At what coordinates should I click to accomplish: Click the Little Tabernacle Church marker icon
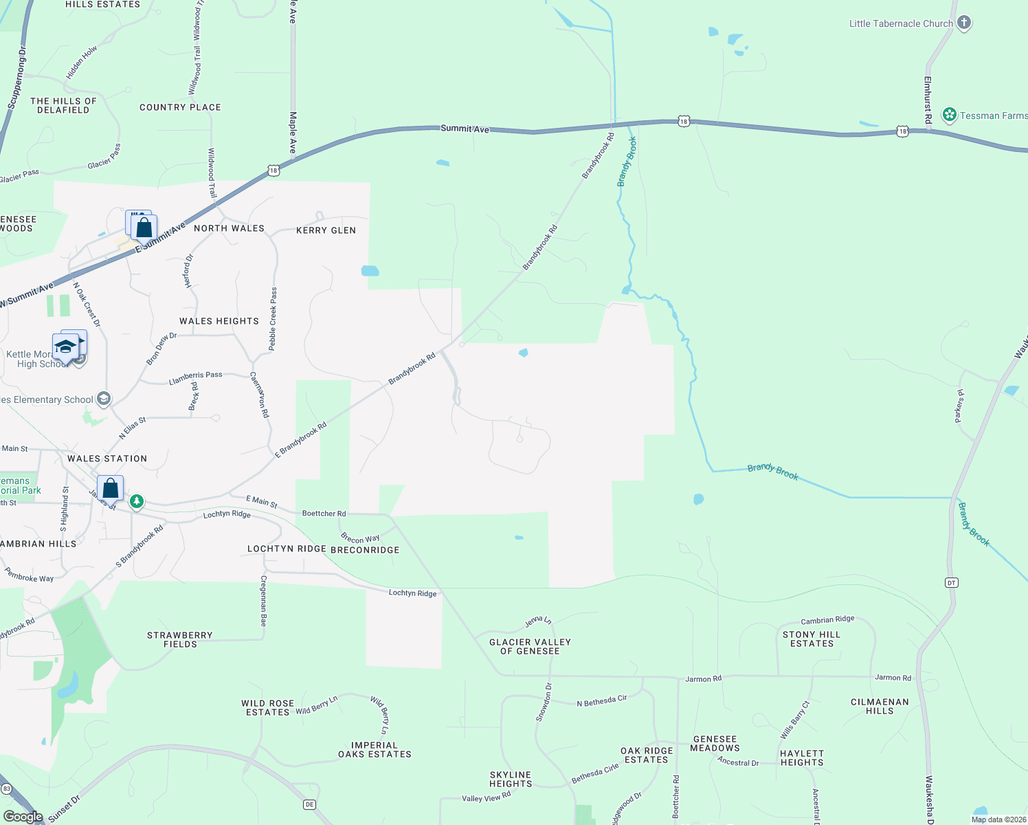pos(964,23)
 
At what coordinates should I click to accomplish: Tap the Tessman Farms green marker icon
pos(950,115)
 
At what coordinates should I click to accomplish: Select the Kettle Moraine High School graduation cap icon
pos(65,346)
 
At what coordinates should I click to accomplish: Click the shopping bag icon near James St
pos(110,488)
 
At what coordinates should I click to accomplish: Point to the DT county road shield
pos(952,582)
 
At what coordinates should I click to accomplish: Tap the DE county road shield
pos(309,804)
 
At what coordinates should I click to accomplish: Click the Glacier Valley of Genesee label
pos(530,646)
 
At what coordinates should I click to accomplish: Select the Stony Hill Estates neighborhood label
pos(812,639)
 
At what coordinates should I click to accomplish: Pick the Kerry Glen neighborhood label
pos(326,230)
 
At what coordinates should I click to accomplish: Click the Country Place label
pos(180,107)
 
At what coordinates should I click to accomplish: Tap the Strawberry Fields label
pos(180,639)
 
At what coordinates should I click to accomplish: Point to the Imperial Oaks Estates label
pos(375,749)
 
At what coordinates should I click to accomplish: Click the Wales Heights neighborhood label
pos(219,321)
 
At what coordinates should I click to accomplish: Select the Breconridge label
pos(365,550)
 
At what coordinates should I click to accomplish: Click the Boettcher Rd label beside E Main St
pos(324,514)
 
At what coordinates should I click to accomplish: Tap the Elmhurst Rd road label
pos(928,100)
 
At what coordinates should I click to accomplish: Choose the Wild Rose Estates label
pos(267,707)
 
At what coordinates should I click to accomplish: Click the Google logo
pos(23,816)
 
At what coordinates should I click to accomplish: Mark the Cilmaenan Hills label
pos(880,706)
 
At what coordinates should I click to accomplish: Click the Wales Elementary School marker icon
pos(103,399)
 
